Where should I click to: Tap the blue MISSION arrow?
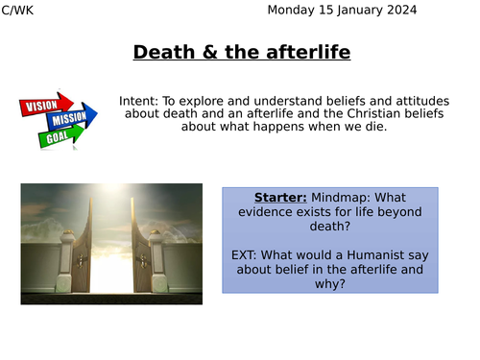69,119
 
